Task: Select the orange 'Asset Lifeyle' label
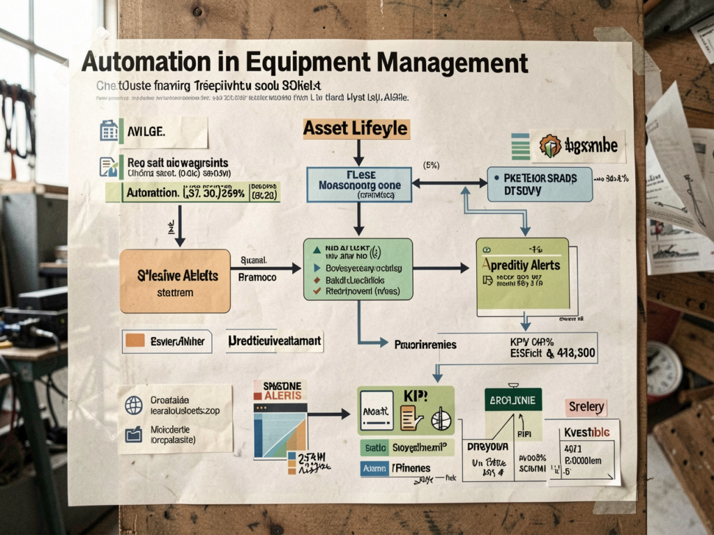[356, 128]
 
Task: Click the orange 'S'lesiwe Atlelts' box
[175, 281]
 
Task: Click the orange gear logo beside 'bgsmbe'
[550, 146]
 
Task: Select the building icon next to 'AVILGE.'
[109, 131]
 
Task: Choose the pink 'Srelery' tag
[586, 408]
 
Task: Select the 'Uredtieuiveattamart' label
[275, 341]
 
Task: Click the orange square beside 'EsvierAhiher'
[135, 341]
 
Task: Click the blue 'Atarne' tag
[374, 469]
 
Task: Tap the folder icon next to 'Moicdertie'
[133, 435]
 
